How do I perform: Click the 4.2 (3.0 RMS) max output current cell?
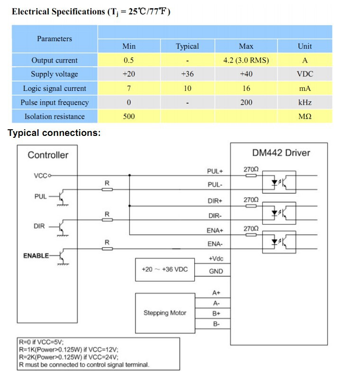pyautogui.click(x=246, y=60)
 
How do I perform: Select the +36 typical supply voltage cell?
pyautogui.click(x=187, y=74)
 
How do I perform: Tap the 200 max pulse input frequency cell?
pyautogui.click(x=246, y=102)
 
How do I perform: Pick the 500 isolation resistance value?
pyautogui.click(x=129, y=116)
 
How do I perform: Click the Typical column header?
pyautogui.click(x=187, y=46)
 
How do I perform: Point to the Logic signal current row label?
pyautogui.click(x=54, y=89)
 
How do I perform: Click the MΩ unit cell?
pyautogui.click(x=305, y=116)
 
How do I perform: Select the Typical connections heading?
pyautogui.click(x=54, y=133)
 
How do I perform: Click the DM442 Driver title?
pyautogui.click(x=281, y=152)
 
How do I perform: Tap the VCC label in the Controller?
pyautogui.click(x=40, y=176)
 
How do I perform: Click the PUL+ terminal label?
pyautogui.click(x=215, y=171)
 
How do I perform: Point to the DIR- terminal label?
pyautogui.click(x=215, y=215)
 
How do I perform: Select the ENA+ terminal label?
pyautogui.click(x=215, y=230)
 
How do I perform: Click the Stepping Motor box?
pyautogui.click(x=165, y=313)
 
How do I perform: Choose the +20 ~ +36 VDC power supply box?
pyautogui.click(x=165, y=269)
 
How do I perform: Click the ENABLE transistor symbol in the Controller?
pyautogui.click(x=62, y=256)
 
